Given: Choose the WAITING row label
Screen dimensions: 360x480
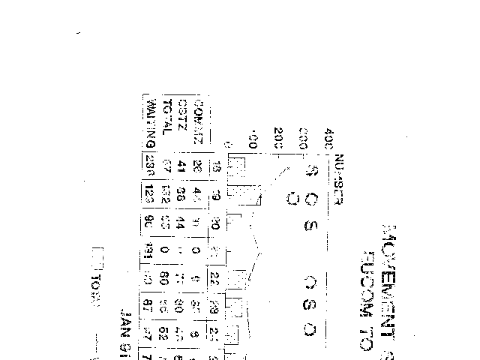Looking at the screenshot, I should (x=151, y=122).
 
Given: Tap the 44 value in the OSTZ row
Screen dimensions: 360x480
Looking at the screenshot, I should (x=182, y=223).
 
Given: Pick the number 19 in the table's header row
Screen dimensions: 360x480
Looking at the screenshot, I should (x=216, y=194).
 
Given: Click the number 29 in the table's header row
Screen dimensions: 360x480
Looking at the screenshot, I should (x=215, y=307).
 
